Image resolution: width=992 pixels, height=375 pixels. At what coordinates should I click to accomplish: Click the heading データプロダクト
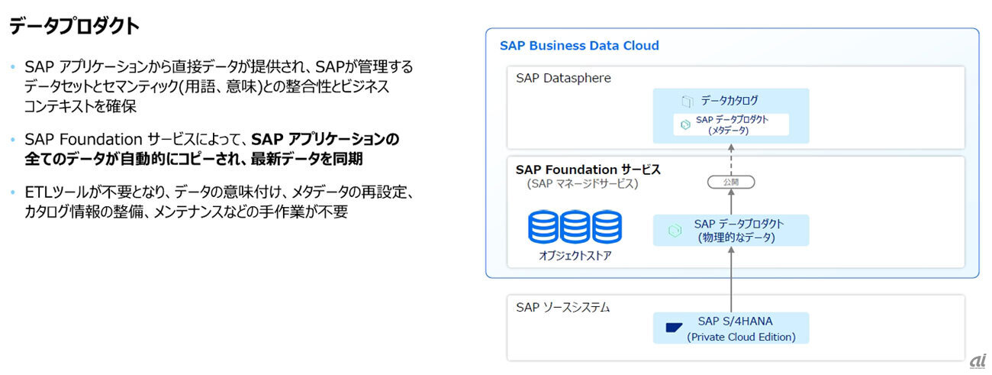point(74,27)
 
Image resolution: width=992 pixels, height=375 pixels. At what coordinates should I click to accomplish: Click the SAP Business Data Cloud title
point(579,46)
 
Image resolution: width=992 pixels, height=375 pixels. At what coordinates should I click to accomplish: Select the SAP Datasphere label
point(563,78)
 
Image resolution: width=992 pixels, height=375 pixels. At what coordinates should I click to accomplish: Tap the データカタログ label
point(730,101)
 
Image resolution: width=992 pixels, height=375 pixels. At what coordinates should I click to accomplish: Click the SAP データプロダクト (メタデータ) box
point(731,124)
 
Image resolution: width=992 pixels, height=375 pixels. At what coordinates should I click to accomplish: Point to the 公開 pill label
point(731,183)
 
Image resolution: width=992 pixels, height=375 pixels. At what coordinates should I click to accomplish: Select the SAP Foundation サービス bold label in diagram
point(588,170)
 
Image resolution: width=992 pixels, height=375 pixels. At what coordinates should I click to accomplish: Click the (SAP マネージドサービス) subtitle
point(582,184)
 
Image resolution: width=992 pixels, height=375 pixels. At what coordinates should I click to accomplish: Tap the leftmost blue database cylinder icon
point(543,227)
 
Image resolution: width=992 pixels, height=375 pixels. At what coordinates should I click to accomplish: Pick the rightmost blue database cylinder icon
point(607,227)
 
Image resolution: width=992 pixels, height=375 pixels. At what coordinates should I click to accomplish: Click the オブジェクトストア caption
point(575,256)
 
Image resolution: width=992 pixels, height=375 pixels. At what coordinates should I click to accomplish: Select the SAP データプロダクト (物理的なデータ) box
point(731,230)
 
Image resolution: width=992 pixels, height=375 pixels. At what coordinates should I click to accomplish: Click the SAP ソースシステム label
point(562,308)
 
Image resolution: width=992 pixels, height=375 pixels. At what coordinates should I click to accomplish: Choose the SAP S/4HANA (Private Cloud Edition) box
point(731,328)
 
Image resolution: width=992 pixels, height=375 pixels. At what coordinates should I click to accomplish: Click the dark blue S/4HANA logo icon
point(674,328)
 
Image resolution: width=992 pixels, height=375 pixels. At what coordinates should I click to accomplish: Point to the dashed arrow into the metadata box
point(731,159)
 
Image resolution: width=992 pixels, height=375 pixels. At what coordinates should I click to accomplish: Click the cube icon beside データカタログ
point(687,101)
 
